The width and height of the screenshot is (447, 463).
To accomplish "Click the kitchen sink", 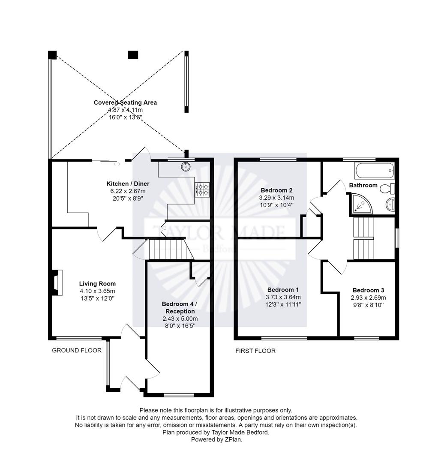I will coord(186,166).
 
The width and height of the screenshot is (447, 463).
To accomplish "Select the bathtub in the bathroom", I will coord(374,170).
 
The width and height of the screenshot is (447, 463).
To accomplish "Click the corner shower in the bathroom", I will coord(360,204).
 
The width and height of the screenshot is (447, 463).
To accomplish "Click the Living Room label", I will coord(97,283).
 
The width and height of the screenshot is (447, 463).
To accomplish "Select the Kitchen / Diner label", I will coord(128,184).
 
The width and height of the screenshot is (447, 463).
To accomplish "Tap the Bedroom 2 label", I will coord(276,190).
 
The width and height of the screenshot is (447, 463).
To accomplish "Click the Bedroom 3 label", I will coord(369,290).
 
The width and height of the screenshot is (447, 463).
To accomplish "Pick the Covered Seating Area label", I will coord(125,102).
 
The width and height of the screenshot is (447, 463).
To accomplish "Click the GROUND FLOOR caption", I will coord(77,350).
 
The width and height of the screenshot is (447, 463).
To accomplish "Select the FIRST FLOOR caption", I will coord(255,351).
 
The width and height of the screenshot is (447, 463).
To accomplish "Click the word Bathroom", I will coord(363,185).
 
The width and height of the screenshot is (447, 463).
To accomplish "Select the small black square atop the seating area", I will coord(133,55).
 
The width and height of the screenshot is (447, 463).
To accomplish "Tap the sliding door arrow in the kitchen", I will coord(117,164).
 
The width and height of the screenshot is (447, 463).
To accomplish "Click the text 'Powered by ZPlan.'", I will coord(216,439).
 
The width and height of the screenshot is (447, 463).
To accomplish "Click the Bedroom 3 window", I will coord(366,338).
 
